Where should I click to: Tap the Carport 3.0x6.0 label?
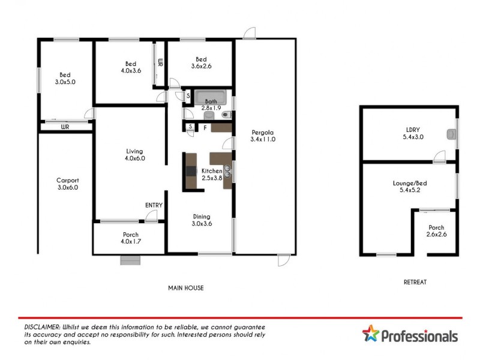click(x=67, y=184)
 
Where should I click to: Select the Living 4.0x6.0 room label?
click(x=135, y=155)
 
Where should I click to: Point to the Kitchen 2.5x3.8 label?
click(x=212, y=174)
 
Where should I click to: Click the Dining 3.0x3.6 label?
click(x=201, y=220)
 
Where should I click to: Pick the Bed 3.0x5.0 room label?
click(x=65, y=78)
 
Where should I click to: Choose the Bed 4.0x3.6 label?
click(x=130, y=67)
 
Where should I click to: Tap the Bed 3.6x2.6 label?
click(x=201, y=63)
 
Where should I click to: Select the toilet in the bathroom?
click(x=226, y=114)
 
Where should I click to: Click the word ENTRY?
click(x=154, y=205)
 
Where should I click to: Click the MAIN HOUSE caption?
click(x=185, y=288)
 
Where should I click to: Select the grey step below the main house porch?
click(x=130, y=260)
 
